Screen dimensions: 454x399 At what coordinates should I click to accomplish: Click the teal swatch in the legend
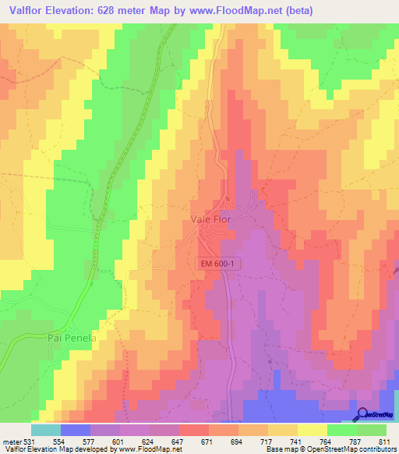pyautogui.click(x=46, y=430)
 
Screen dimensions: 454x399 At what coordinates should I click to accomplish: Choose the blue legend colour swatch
pyautogui.click(x=76, y=430)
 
